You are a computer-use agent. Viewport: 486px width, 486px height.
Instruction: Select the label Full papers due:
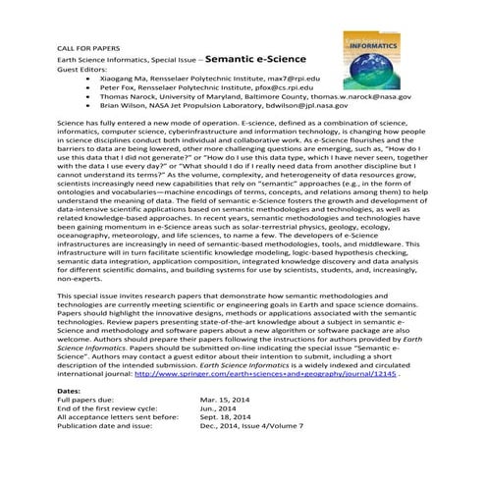pos(60,401)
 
